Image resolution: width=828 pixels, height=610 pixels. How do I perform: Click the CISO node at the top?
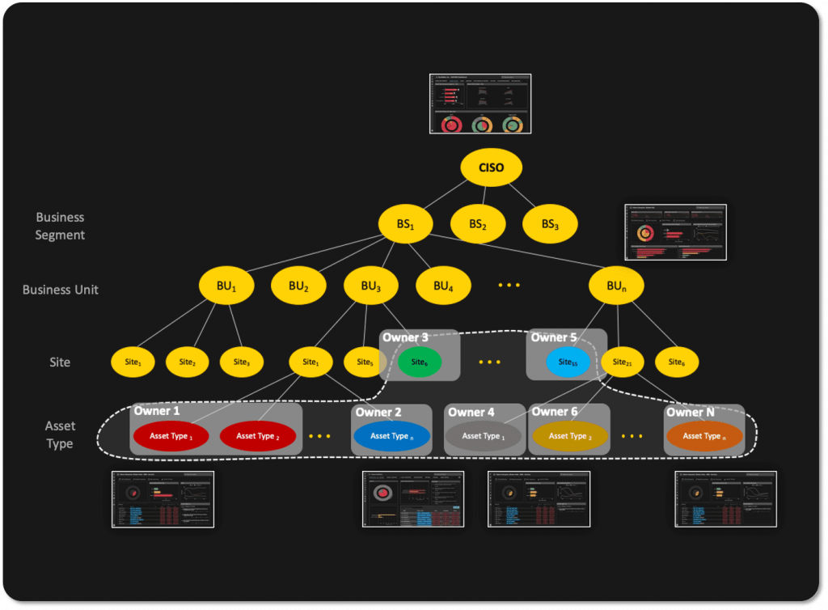click(491, 168)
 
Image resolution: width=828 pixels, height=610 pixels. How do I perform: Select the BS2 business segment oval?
click(478, 224)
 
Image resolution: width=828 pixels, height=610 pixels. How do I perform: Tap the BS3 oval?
click(549, 224)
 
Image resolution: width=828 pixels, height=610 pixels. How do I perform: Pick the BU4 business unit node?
click(443, 286)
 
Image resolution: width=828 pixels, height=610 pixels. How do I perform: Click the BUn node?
click(616, 286)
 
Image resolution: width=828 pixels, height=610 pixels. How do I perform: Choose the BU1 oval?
click(227, 286)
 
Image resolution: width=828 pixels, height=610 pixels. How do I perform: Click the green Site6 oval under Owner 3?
click(419, 362)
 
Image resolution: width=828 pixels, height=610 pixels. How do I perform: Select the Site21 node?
click(622, 362)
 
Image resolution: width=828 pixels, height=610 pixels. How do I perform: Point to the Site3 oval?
click(241, 362)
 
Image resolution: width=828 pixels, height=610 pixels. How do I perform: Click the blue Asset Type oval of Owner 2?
click(392, 436)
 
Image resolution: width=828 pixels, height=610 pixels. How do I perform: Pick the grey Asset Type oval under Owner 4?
click(483, 436)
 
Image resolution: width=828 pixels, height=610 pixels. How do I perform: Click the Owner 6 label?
click(555, 412)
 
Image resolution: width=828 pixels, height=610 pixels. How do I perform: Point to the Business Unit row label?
click(60, 290)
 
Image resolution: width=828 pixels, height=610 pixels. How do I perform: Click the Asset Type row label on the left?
click(60, 434)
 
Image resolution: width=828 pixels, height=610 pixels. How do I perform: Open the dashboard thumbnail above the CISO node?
click(480, 104)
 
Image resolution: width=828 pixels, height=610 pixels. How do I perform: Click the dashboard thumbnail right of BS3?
click(676, 232)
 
